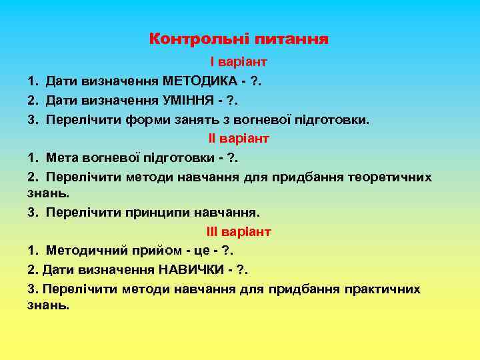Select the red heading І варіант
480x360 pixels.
(x=239, y=62)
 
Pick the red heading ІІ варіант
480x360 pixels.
(x=239, y=139)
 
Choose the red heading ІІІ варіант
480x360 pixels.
(x=239, y=232)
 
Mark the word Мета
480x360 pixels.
(x=61, y=159)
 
